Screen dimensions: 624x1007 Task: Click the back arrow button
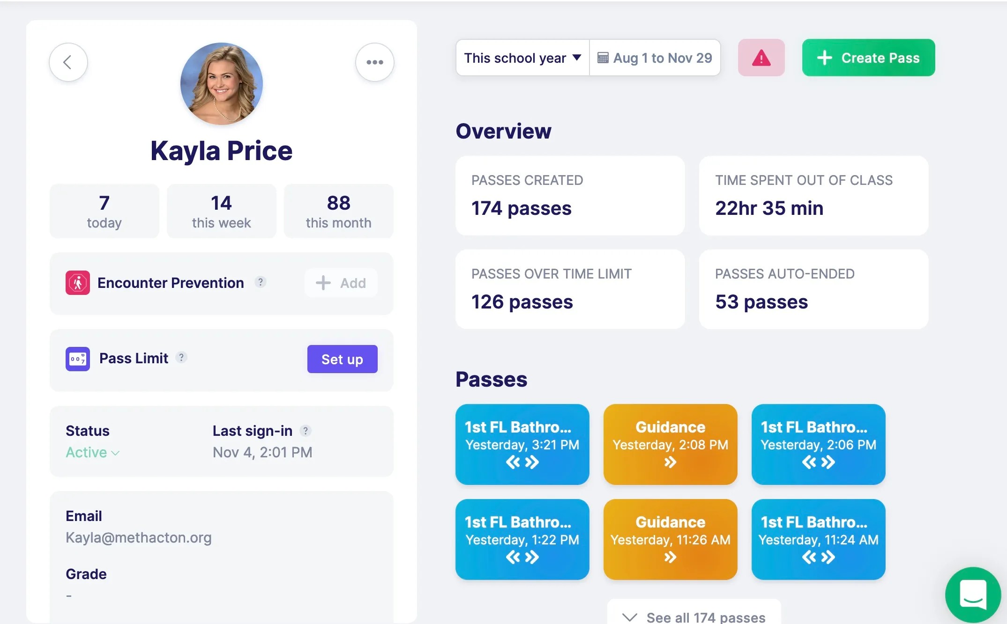pos(68,62)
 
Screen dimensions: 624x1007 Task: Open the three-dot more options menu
pos(374,62)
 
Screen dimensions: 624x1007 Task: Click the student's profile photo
pos(221,84)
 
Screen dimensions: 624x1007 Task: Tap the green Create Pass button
pos(868,58)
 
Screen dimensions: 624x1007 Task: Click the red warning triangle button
pos(761,58)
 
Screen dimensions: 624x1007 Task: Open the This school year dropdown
pos(522,58)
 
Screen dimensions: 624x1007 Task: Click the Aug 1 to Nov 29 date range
pos(655,58)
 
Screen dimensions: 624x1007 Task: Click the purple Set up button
pos(342,359)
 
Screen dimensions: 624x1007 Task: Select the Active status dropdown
pos(92,453)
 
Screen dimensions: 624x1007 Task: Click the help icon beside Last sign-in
pos(306,431)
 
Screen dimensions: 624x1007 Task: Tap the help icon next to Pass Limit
pos(181,358)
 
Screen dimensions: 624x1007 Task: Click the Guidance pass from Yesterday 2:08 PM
pos(670,444)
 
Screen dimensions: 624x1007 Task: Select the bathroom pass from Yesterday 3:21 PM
pos(522,444)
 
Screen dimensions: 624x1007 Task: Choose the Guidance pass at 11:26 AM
pos(670,539)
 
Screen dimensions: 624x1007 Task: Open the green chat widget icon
pos(973,595)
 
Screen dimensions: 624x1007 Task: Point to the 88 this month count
pos(338,211)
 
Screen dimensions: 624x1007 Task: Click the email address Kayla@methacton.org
pos(139,538)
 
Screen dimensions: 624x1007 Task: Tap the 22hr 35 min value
pos(769,208)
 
